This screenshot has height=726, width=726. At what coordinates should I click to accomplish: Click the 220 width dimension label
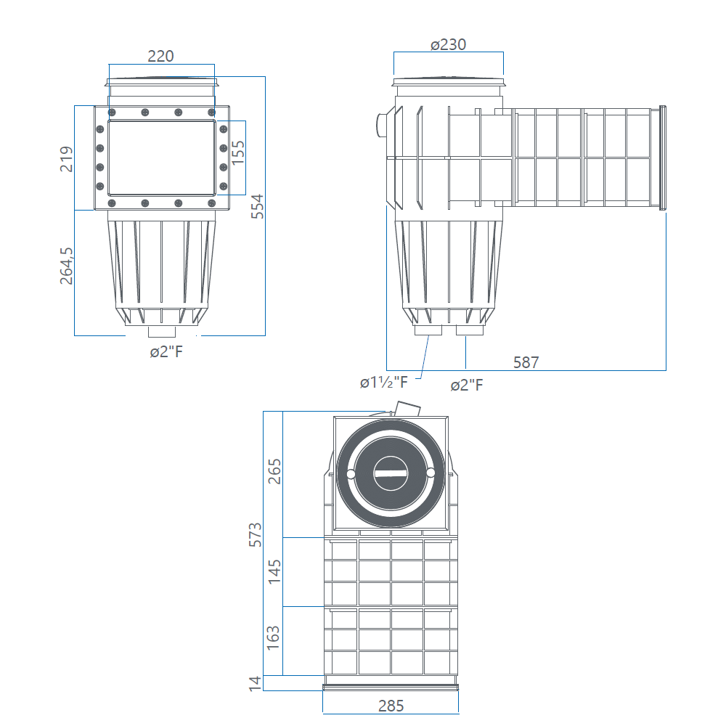point(160,56)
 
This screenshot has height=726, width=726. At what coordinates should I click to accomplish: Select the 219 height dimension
point(67,159)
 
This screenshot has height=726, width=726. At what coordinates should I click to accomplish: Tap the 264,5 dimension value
point(67,266)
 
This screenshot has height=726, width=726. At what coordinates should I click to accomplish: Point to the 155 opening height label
point(238,152)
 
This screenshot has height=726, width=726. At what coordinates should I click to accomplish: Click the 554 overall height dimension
point(257,206)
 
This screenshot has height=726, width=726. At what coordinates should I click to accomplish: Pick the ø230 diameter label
point(448,44)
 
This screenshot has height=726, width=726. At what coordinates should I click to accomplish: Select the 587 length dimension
point(526,362)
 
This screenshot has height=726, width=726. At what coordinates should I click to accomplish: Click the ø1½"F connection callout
point(384,383)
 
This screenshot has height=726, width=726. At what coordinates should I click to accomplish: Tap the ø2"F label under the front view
point(166,352)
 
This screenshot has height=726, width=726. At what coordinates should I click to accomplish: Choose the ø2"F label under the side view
point(467,385)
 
